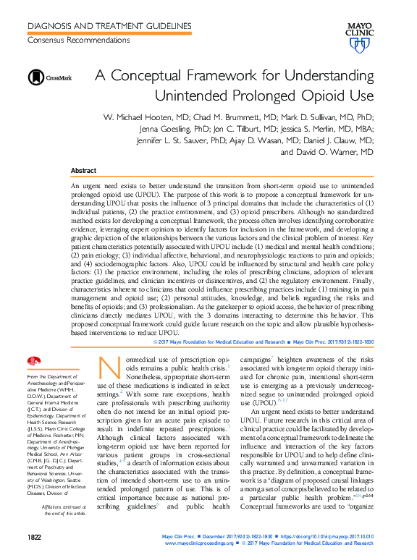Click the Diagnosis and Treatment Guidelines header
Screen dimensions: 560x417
point(109,26)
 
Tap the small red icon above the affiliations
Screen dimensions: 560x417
point(33,361)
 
